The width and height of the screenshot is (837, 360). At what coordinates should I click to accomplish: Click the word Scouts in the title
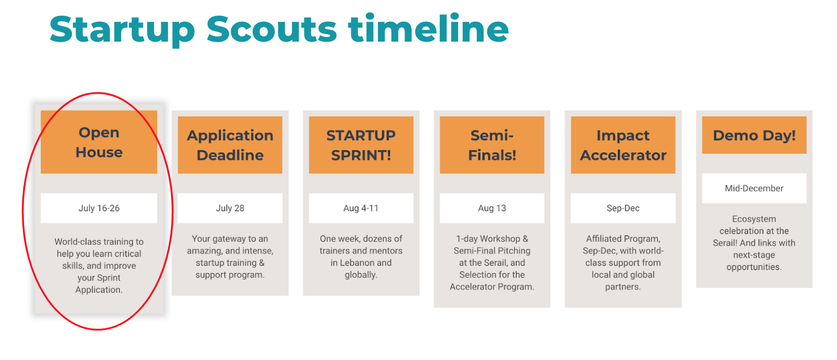[x=271, y=29]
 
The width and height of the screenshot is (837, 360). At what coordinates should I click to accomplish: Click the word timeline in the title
[x=428, y=28]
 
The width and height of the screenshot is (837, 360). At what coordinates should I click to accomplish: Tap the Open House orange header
[x=99, y=142]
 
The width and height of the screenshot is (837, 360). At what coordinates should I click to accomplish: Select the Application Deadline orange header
[x=230, y=145]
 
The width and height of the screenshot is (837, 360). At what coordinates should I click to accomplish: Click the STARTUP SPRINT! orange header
[x=361, y=145]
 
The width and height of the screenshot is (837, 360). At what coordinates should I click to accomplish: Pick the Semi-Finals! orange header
[x=492, y=145]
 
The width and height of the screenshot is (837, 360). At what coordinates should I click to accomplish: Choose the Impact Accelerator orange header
[x=623, y=145]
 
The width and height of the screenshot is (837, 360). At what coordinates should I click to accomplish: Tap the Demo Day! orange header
[x=754, y=135]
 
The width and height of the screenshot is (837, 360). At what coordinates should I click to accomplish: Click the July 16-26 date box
[x=99, y=208]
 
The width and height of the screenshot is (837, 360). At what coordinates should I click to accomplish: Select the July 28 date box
[x=230, y=208]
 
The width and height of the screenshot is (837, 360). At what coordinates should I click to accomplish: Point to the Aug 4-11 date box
[x=361, y=208]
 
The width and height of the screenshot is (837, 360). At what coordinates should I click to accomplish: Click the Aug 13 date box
[x=492, y=208]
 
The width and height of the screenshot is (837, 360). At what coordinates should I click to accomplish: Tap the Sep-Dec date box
[x=623, y=208]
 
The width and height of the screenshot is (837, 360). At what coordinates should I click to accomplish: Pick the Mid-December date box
[x=754, y=188]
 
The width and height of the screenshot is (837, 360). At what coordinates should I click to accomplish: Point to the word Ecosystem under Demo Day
[x=754, y=219]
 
